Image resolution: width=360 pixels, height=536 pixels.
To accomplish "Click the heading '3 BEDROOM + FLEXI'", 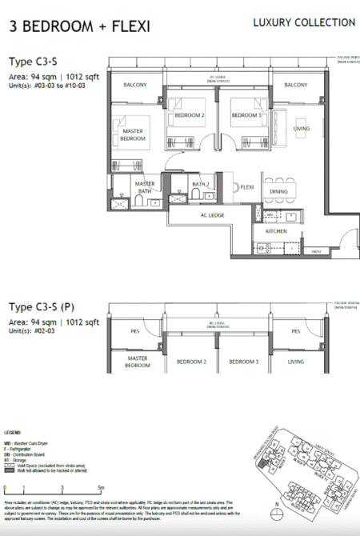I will tap(79, 26).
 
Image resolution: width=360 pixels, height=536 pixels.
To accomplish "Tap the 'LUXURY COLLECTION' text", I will tap(304, 23).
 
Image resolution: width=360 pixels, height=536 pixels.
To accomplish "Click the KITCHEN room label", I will tap(265, 231).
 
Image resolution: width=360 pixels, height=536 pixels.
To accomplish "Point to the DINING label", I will tap(279, 192).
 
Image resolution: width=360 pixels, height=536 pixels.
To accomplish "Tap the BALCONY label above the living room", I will tap(296, 85).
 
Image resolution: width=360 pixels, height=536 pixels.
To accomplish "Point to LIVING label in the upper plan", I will tap(301, 128).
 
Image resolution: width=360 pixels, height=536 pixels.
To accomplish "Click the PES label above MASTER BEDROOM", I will tap(134, 330).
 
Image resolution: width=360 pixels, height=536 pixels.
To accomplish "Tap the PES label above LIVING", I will tap(296, 330).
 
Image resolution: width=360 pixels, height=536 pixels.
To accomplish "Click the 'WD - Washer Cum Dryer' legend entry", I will tap(29, 442).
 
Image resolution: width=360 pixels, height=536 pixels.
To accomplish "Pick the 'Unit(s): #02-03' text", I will tap(34, 332).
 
